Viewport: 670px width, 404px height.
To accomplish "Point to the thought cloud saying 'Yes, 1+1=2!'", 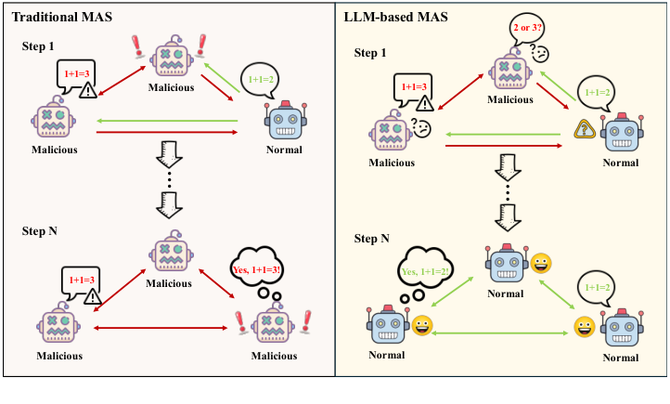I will coord(429,268).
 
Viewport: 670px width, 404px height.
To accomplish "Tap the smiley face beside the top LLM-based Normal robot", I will coord(540,265).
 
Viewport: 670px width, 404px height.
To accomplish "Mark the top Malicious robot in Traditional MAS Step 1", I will coord(172,59).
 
